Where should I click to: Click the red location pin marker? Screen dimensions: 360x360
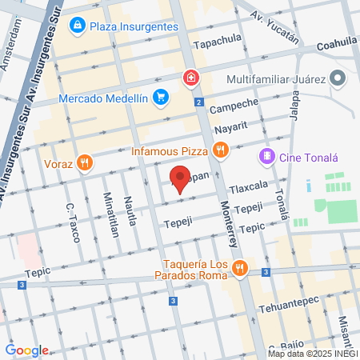click(x=181, y=178)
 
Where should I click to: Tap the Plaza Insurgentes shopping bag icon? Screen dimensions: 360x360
click(x=77, y=26)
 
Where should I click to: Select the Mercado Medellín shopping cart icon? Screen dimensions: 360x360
click(x=161, y=98)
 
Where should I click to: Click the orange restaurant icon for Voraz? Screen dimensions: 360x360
click(x=85, y=164)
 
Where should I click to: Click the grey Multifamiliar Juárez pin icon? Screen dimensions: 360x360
click(x=338, y=79)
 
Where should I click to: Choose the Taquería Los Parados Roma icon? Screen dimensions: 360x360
click(x=238, y=270)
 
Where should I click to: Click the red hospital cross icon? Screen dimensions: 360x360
click(x=190, y=78)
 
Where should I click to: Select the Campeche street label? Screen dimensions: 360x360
click(x=235, y=106)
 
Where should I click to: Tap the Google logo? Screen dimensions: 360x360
click(x=26, y=350)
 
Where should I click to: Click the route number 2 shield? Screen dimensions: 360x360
click(x=198, y=102)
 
